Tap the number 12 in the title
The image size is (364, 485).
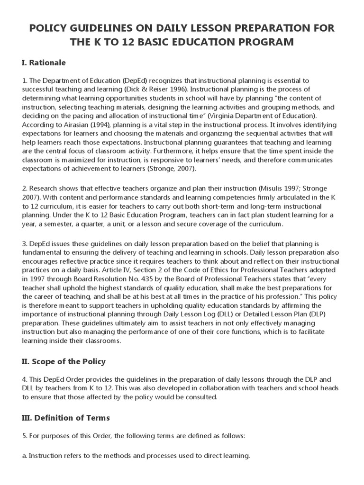pyautogui.click(x=130, y=43)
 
